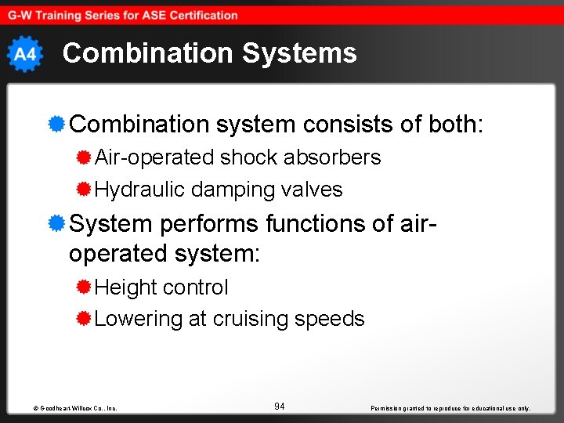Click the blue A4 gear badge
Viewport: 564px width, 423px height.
point(25,54)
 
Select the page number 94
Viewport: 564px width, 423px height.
point(280,406)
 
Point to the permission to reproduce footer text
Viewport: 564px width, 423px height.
point(450,408)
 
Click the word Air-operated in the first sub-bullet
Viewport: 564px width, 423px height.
point(154,157)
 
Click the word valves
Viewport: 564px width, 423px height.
point(313,190)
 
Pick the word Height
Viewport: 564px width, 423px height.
point(125,287)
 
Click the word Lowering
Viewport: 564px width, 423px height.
point(138,319)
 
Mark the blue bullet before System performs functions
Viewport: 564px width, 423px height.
point(56,223)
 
